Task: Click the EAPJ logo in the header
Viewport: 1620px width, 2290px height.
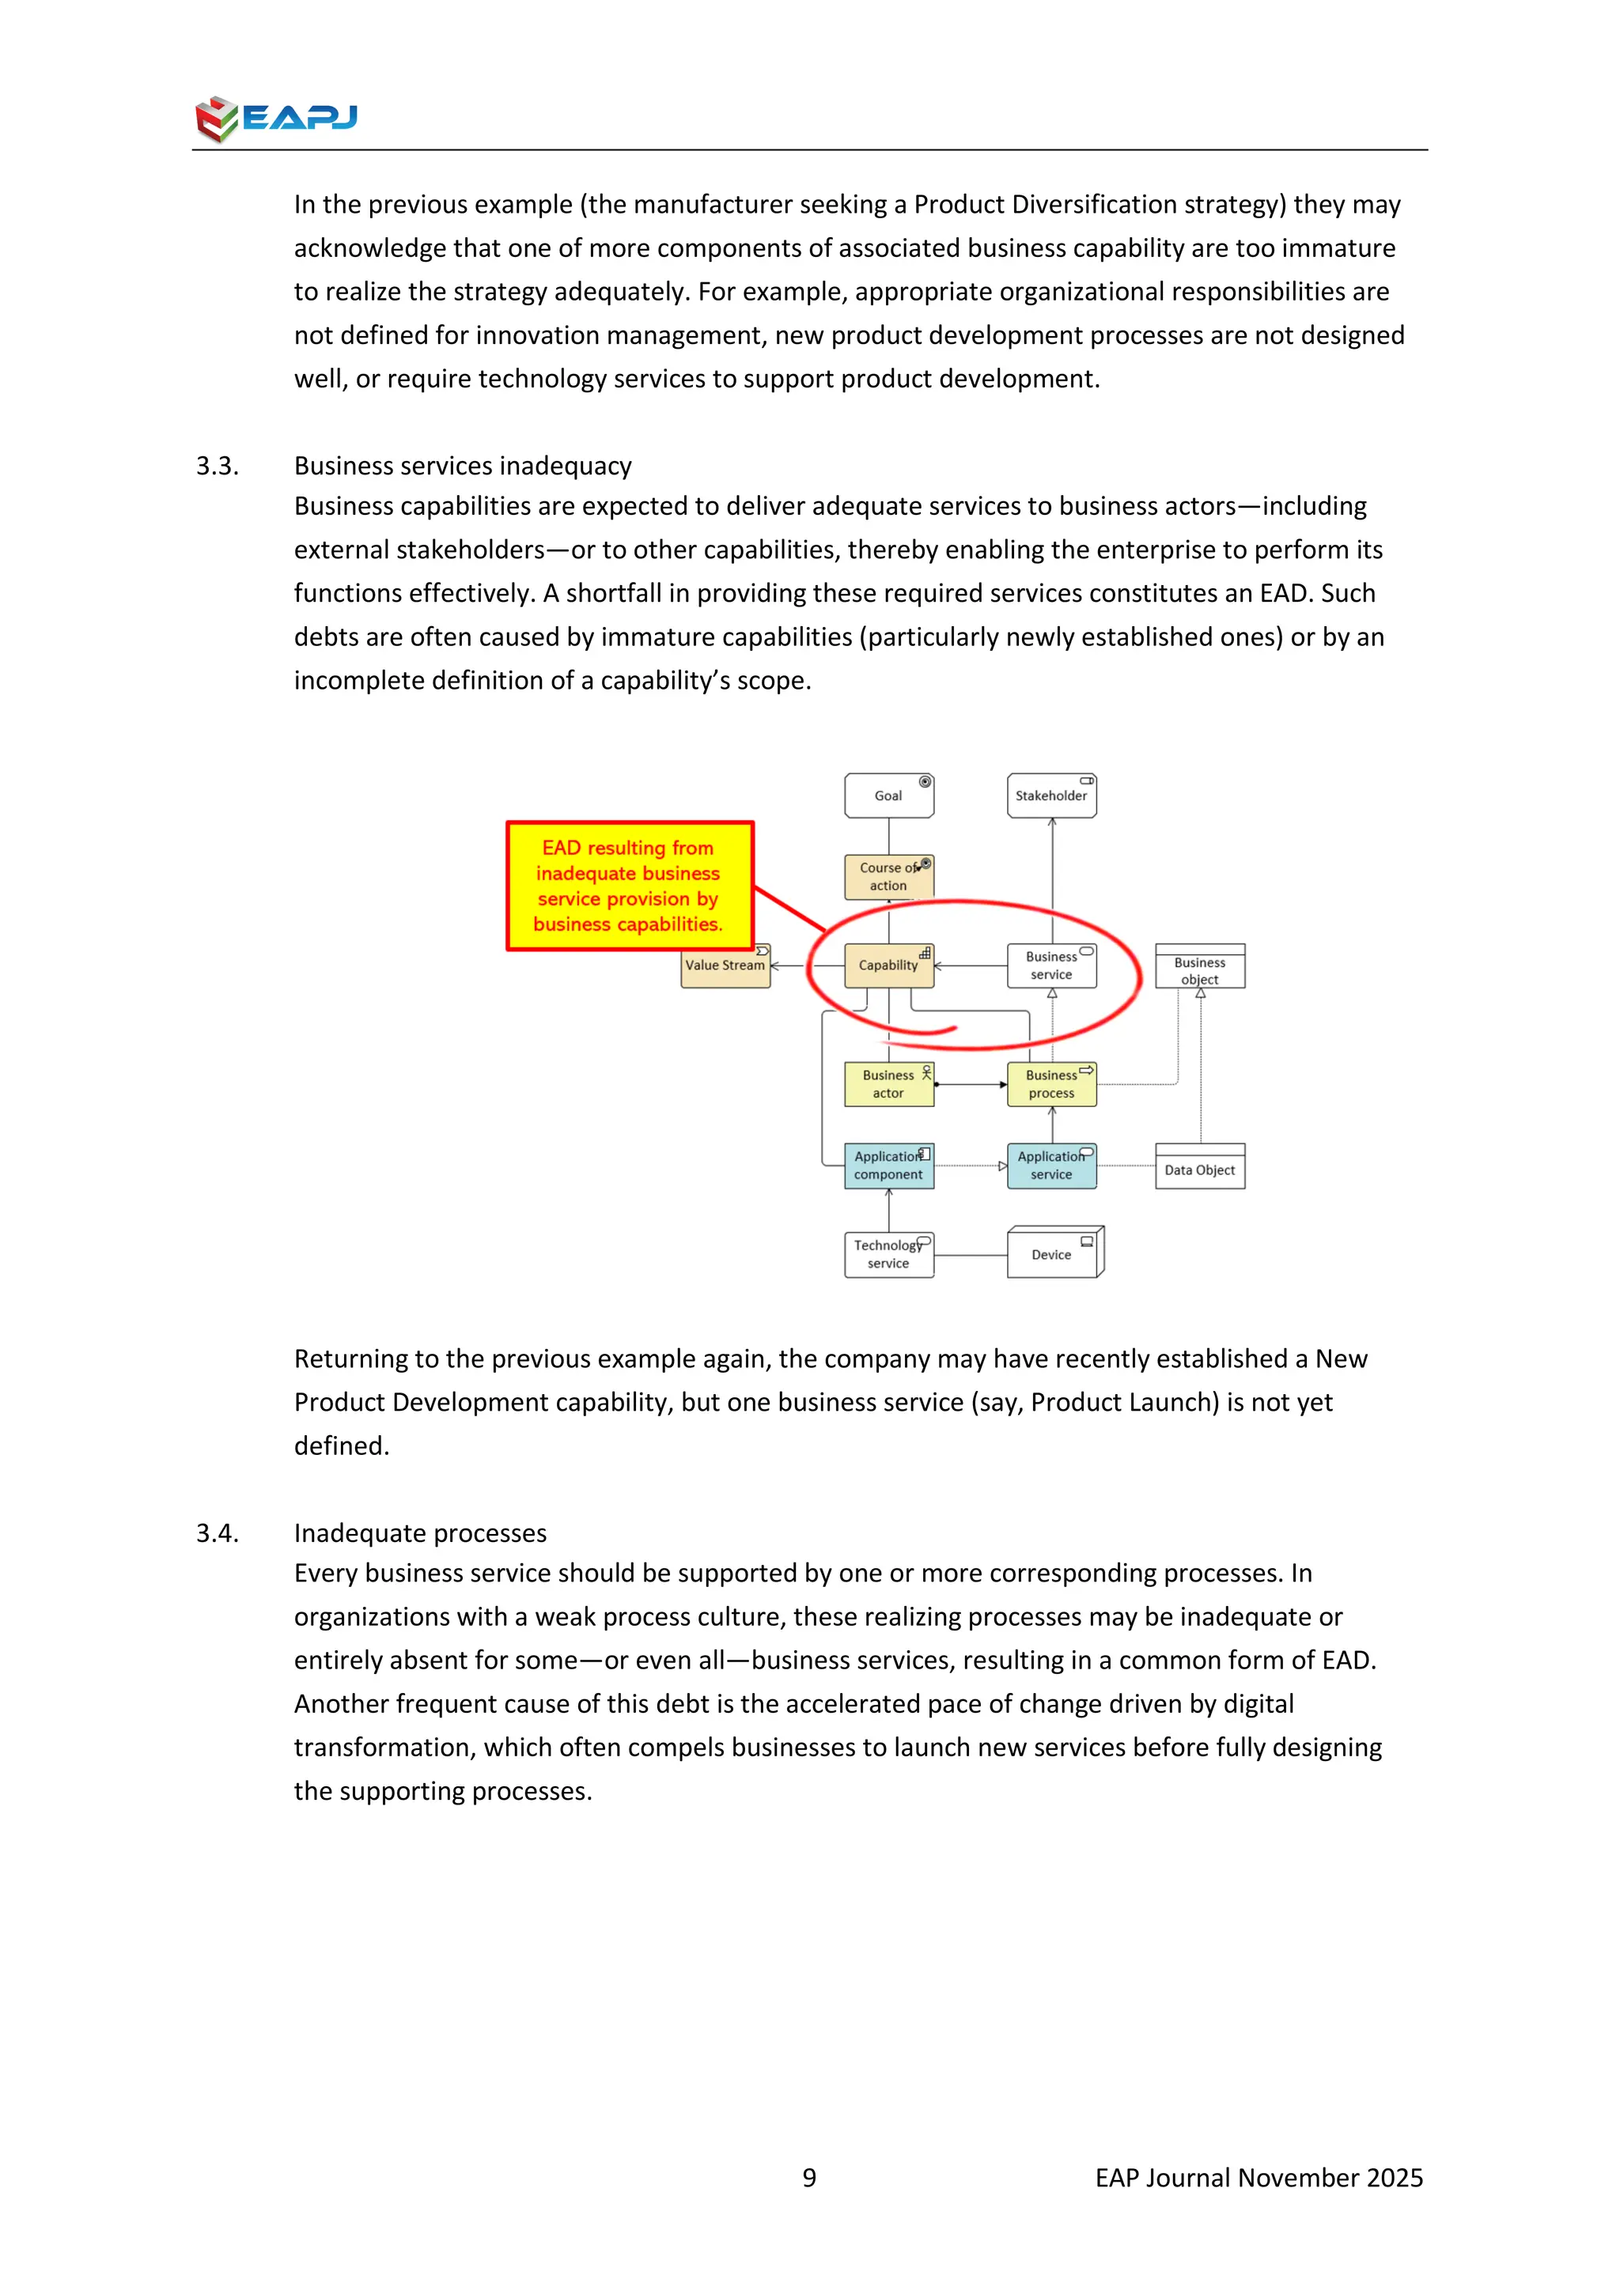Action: tap(276, 119)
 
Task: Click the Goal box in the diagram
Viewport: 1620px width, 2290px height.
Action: tap(889, 796)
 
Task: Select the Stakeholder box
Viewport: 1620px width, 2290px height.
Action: tap(1051, 796)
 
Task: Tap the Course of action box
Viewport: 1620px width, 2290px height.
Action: tap(889, 877)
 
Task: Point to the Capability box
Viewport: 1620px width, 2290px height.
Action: tap(889, 966)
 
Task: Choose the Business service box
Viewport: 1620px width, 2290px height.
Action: tap(1051, 966)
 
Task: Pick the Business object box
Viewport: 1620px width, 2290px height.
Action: tap(1200, 966)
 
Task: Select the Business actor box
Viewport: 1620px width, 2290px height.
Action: tap(889, 1084)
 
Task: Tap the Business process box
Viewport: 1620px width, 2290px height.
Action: tap(1051, 1084)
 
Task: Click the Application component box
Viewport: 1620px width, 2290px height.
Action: tap(889, 1165)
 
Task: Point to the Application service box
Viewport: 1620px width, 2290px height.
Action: tap(1051, 1165)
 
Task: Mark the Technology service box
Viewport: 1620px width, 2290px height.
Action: tap(889, 1255)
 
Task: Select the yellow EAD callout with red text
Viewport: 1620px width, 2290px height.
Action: tap(630, 886)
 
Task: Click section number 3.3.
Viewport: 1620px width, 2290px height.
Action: tap(218, 466)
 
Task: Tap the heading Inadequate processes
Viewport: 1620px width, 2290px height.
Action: tap(420, 1533)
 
